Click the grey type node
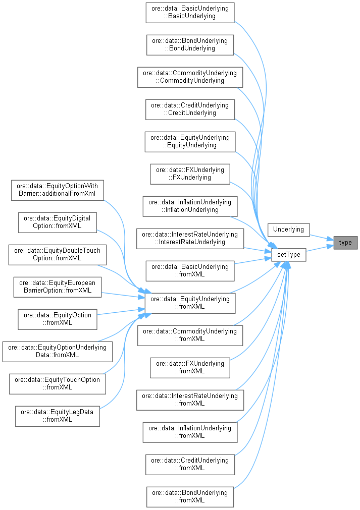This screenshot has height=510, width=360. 345,243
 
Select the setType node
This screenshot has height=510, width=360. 288,255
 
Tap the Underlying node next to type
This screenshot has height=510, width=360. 288,230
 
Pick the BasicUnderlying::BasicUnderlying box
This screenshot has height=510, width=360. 190,12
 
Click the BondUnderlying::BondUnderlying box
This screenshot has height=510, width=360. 190,44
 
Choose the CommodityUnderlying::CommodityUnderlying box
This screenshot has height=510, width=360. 190,77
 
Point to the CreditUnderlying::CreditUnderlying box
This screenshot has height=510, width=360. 190,109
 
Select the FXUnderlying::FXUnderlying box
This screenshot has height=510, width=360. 190,174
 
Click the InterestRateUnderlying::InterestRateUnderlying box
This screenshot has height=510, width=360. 190,238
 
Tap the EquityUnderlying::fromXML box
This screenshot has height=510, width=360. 190,303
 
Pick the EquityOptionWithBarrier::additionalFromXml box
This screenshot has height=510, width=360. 57,190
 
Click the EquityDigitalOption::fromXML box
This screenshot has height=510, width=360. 57,222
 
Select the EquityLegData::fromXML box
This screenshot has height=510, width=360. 57,416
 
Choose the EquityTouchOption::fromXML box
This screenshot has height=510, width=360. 57,383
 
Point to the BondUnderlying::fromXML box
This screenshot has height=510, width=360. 190,496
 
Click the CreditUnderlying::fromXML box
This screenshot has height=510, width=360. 190,464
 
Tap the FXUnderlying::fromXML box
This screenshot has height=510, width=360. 190,367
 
